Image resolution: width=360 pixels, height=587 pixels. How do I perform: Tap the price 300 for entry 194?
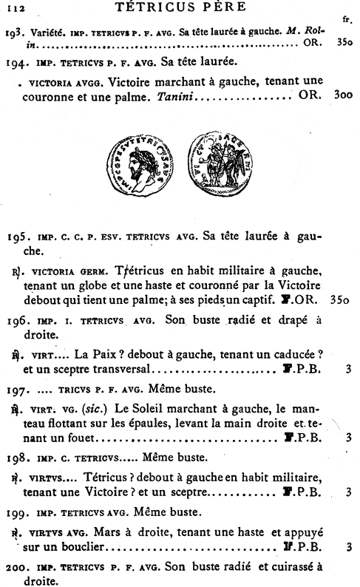[x=343, y=95]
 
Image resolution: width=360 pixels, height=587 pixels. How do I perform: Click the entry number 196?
[x=18, y=322]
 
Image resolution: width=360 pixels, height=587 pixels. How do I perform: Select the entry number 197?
[x=18, y=389]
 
